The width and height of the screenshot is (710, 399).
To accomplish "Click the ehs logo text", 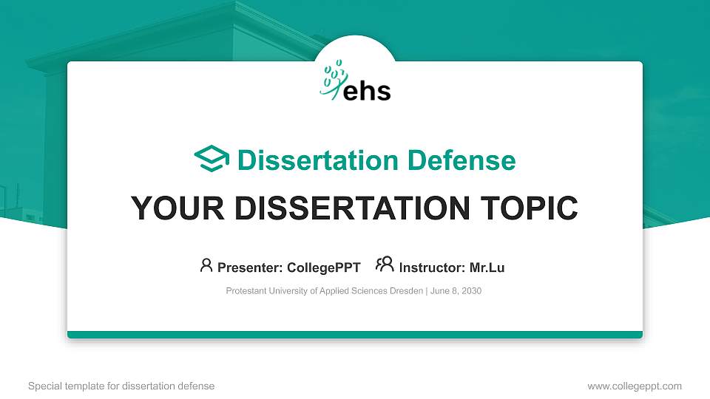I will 368,90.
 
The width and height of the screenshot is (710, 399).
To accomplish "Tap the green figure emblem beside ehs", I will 334,79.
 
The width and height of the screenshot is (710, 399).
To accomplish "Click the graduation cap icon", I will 212,159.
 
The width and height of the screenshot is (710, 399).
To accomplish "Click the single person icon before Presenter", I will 206,265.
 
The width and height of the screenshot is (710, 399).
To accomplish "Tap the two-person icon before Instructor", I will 385,265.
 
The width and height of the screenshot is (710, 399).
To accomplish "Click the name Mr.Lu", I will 487,267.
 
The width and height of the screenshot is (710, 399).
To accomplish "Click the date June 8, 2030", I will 456,291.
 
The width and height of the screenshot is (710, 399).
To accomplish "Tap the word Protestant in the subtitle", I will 246,291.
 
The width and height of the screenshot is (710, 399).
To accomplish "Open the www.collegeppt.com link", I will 634,386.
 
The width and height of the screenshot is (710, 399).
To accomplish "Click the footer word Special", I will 44,386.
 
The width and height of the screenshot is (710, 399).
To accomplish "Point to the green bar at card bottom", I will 355,335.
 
